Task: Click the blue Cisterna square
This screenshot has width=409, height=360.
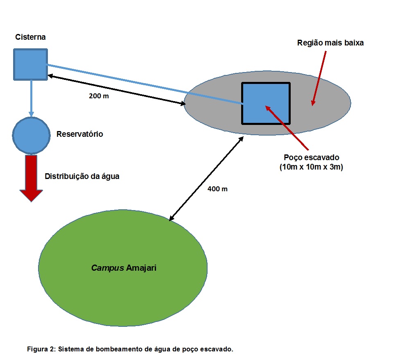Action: click(x=30, y=64)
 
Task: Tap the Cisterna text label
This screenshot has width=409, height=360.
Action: click(x=30, y=37)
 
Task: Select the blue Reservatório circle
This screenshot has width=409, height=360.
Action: click(x=31, y=135)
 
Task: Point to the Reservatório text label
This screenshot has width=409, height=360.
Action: click(x=80, y=134)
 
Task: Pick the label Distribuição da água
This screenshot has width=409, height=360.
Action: click(x=82, y=177)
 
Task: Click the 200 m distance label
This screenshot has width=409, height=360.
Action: click(x=99, y=97)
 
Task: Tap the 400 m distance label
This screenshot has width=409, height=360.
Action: click(x=217, y=189)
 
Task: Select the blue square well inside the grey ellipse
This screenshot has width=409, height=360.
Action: click(x=266, y=103)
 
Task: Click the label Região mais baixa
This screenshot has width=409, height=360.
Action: click(x=330, y=43)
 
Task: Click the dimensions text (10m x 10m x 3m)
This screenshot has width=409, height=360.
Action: click(x=311, y=167)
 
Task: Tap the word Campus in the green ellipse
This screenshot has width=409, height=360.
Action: click(x=107, y=268)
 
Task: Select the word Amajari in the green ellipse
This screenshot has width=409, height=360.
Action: click(x=142, y=268)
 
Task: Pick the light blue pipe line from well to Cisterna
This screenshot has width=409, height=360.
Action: click(x=143, y=84)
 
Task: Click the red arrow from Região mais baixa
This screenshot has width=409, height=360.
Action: click(x=319, y=78)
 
